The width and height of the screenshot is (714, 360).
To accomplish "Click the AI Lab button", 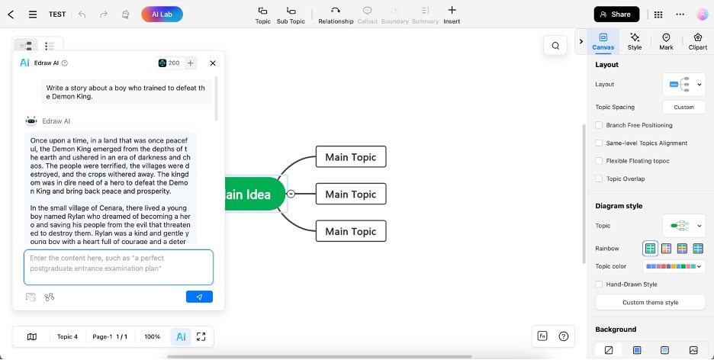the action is (x=162, y=14).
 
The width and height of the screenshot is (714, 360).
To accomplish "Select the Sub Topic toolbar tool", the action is (x=291, y=15).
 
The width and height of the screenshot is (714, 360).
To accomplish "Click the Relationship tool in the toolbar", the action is (x=336, y=15).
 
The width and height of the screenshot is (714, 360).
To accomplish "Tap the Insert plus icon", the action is (x=452, y=10).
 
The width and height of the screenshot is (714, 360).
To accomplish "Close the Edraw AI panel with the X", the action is (x=213, y=63).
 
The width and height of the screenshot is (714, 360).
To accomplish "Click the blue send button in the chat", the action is (x=199, y=297).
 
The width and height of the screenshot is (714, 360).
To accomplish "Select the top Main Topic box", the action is (x=351, y=156).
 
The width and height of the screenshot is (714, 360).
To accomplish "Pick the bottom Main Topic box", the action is (x=351, y=231).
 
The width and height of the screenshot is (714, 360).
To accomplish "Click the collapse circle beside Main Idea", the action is (x=291, y=194).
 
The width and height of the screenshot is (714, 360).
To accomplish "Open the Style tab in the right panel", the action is (x=635, y=41).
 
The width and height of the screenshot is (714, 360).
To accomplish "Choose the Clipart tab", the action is (x=698, y=41).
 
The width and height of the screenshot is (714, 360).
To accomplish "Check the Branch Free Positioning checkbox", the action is (x=599, y=125).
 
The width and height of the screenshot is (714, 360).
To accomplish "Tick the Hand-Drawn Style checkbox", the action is (x=599, y=284).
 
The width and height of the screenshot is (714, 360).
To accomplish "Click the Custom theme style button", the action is (x=650, y=302).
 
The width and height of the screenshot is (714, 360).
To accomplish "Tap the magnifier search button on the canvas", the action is (x=555, y=46).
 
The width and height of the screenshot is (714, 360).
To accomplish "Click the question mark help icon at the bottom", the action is (x=563, y=336).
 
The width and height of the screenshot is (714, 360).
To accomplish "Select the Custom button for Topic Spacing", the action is (x=683, y=107).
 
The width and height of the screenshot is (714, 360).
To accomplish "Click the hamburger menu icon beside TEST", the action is (x=33, y=14).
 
